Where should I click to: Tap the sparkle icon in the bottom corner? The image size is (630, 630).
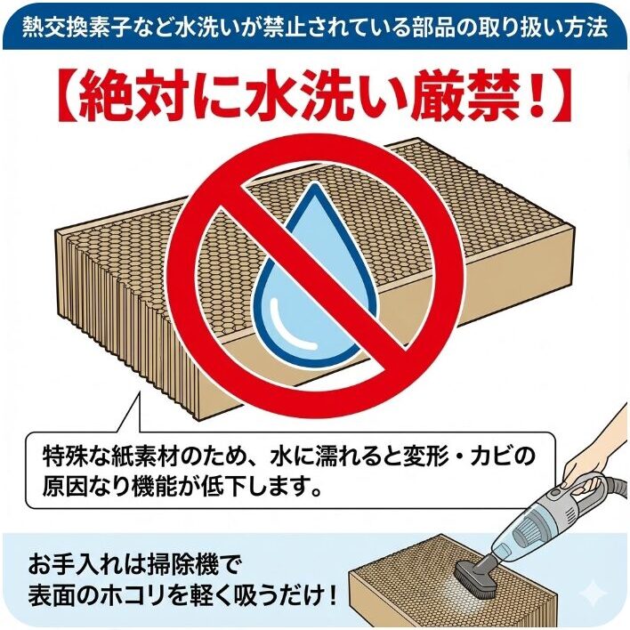pos(589,594)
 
